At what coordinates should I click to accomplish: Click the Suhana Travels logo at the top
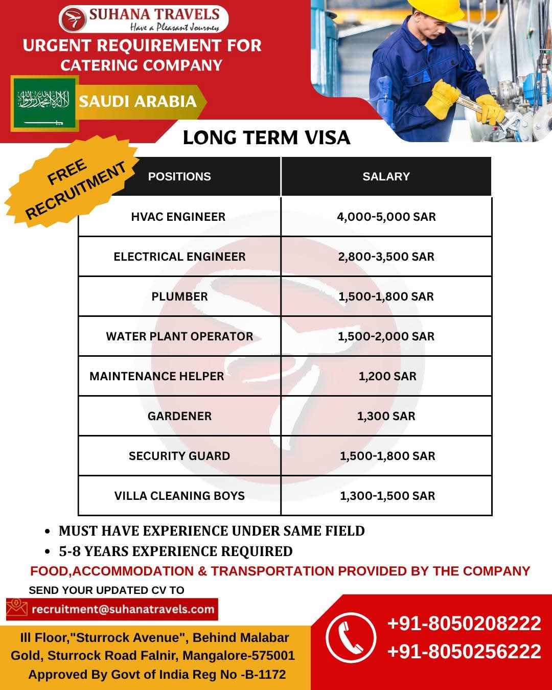[x=144, y=18]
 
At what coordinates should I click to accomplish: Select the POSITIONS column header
[x=179, y=176]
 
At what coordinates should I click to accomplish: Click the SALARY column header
[x=386, y=176]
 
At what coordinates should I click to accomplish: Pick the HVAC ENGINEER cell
[x=178, y=217]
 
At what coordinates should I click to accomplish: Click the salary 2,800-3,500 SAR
[x=386, y=257]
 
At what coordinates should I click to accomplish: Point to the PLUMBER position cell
[x=179, y=296]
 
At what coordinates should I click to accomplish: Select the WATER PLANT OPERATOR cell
[x=179, y=336]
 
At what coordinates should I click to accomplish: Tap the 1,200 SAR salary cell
[x=387, y=376]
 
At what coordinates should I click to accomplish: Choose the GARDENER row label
[x=179, y=416]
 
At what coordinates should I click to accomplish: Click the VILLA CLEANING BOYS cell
[x=179, y=496]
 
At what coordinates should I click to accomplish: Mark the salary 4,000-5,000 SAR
[x=386, y=217]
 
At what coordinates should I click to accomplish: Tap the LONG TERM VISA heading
[x=266, y=137]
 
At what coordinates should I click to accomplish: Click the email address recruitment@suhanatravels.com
[x=123, y=609]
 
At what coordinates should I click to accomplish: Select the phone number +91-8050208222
[x=464, y=624]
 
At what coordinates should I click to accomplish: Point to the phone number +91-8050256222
[x=464, y=652]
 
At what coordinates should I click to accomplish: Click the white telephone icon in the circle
[x=351, y=637]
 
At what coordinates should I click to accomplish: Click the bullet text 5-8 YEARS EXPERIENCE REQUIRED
[x=175, y=551]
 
